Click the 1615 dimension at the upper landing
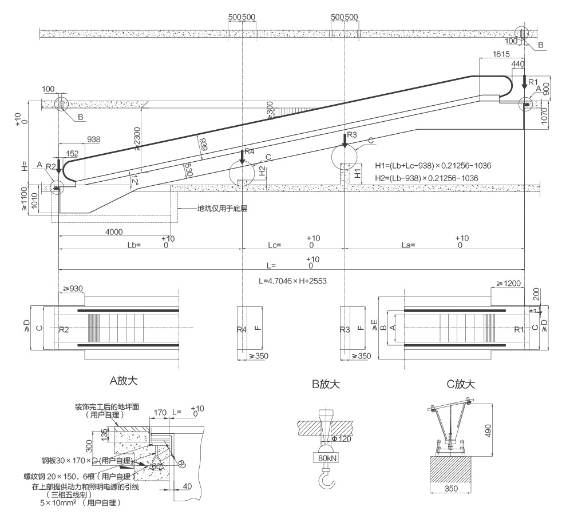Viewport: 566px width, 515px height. pyautogui.click(x=501, y=54)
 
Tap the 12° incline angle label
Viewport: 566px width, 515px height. pyautogui.click(x=134, y=180)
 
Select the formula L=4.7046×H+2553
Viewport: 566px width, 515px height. pyautogui.click(x=293, y=281)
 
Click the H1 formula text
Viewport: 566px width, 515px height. pyautogui.click(x=433, y=166)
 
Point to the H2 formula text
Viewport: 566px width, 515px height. pyautogui.click(x=427, y=178)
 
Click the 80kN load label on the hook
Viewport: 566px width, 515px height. pyautogui.click(x=327, y=458)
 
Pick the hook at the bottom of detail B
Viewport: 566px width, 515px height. pyautogui.click(x=327, y=477)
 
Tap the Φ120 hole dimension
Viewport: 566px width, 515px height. pyautogui.click(x=341, y=439)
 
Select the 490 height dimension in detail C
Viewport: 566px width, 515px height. pyautogui.click(x=488, y=431)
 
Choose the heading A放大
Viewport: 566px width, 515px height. pyautogui.click(x=124, y=381)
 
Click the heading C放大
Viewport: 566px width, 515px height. pyautogui.click(x=461, y=384)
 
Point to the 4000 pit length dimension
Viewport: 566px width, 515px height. pyautogui.click(x=114, y=232)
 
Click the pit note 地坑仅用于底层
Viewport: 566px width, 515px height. pyautogui.click(x=222, y=209)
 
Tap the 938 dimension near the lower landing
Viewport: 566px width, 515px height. pyautogui.click(x=94, y=139)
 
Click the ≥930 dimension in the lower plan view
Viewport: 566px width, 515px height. pyautogui.click(x=73, y=289)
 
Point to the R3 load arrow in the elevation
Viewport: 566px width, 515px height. pyautogui.click(x=345, y=140)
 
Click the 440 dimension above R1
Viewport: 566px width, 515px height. pyautogui.click(x=518, y=64)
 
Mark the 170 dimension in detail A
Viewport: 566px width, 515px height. pyautogui.click(x=160, y=412)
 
